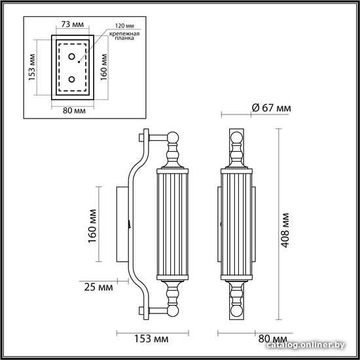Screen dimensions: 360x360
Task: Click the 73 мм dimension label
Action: pyautogui.click(x=73, y=24)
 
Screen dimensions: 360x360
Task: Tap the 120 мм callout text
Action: pyautogui.click(x=124, y=26)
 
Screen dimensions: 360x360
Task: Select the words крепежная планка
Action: pyautogui.click(x=124, y=36)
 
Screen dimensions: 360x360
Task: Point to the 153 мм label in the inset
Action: pyautogui.click(x=32, y=67)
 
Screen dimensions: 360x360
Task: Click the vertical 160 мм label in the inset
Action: pyautogui.click(x=104, y=67)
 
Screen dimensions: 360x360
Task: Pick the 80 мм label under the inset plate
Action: pyautogui.click(x=74, y=111)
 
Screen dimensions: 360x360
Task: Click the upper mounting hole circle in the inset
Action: pyautogui.click(x=72, y=56)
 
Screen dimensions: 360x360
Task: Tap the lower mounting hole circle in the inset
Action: pyautogui.click(x=71, y=79)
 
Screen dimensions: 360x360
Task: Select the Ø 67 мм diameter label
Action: pyautogui.click(x=272, y=108)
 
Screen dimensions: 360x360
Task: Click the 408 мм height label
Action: pyautogui.click(x=285, y=230)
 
